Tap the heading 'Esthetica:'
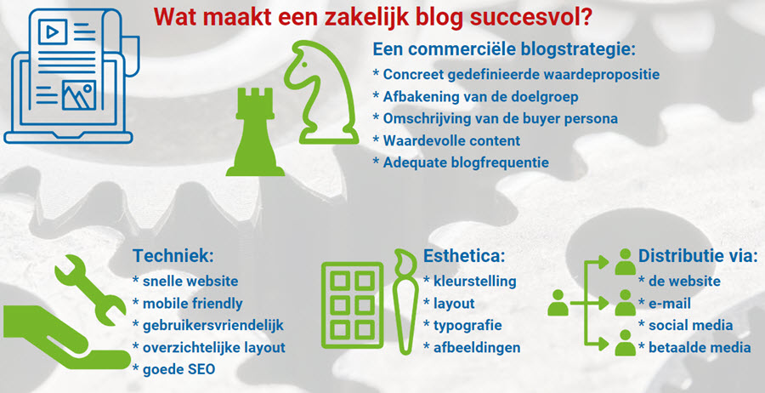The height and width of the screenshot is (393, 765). pyautogui.click(x=464, y=256)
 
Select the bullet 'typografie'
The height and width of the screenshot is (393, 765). pyautogui.click(x=467, y=325)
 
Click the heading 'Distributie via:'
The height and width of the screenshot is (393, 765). pyautogui.click(x=698, y=256)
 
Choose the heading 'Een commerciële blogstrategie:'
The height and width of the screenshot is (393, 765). pyautogui.click(x=504, y=48)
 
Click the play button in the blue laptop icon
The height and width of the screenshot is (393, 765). pyautogui.click(x=53, y=34)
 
